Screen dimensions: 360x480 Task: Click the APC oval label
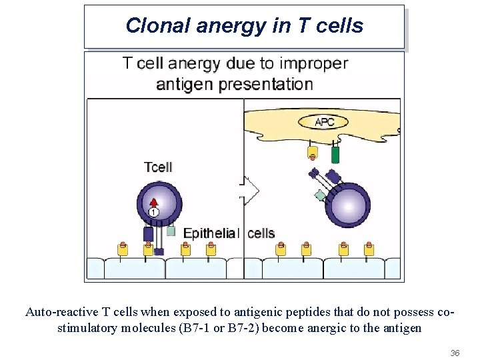pyautogui.click(x=324, y=122)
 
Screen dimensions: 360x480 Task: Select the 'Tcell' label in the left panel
pyautogui.click(x=158, y=166)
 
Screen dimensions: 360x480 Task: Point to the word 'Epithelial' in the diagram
pyautogui.click(x=210, y=233)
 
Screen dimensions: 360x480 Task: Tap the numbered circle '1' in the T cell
pyautogui.click(x=153, y=212)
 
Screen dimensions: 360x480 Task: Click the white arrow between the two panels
pyautogui.click(x=250, y=191)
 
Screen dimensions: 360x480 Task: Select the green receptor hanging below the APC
pyautogui.click(x=335, y=154)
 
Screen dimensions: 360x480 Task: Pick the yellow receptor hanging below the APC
pyautogui.click(x=312, y=153)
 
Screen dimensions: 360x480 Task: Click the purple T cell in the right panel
pyautogui.click(x=348, y=205)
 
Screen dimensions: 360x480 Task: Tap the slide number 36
pyautogui.click(x=455, y=351)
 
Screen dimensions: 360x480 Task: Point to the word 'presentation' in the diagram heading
pyautogui.click(x=269, y=85)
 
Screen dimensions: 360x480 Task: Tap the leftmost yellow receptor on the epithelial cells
pyautogui.click(x=123, y=249)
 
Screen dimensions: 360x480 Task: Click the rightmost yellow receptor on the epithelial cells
pyautogui.click(x=369, y=249)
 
